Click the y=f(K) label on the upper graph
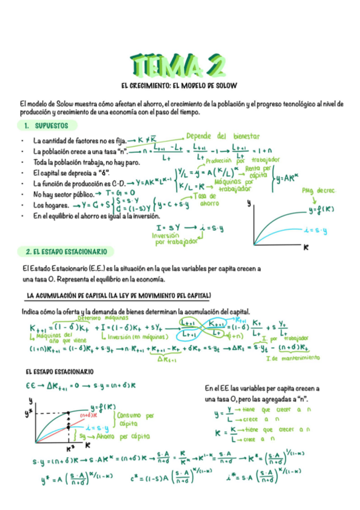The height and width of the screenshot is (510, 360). click(x=322, y=210)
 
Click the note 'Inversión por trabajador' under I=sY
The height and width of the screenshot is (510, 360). click(x=176, y=239)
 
